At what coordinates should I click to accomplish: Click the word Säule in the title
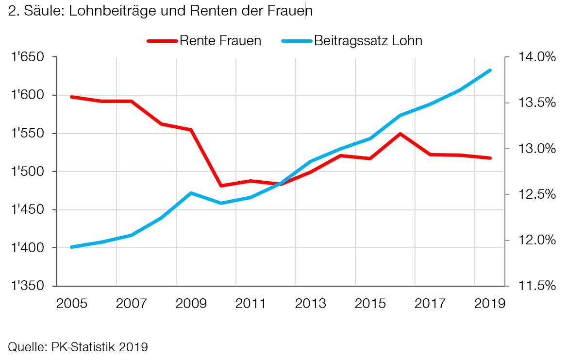pyautogui.click(x=42, y=12)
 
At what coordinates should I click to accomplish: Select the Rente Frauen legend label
pyautogui.click(x=220, y=41)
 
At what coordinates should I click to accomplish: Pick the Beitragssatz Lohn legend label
pyautogui.click(x=368, y=41)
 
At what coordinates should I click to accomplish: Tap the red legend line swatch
pyautogui.click(x=162, y=41)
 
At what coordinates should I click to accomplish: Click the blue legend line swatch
pyautogui.click(x=296, y=41)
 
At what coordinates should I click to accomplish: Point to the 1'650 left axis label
pyautogui.click(x=28, y=57)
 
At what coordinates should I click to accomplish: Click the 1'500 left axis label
pyautogui.click(x=28, y=171)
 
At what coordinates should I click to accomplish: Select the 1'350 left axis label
pyautogui.click(x=28, y=286)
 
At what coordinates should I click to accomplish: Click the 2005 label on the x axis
pyautogui.click(x=71, y=303)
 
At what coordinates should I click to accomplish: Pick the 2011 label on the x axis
pyautogui.click(x=251, y=303)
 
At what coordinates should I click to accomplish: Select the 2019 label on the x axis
pyautogui.click(x=489, y=303)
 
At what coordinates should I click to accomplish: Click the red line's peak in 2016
pyautogui.click(x=400, y=134)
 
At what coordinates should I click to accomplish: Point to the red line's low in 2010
pyautogui.click(x=221, y=186)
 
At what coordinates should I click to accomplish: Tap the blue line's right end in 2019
pyautogui.click(x=490, y=70)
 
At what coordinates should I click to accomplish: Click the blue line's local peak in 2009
pyautogui.click(x=191, y=193)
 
